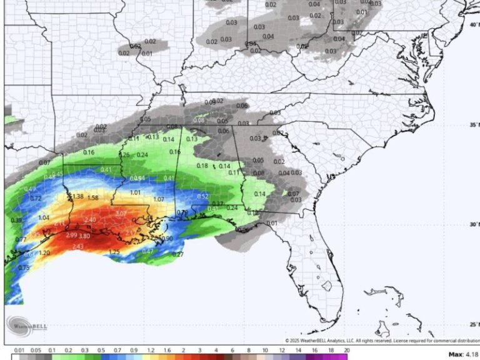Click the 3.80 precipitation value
click(x=84, y=236)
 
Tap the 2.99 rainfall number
click(x=71, y=235)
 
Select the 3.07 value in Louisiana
click(x=121, y=214)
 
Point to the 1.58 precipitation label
click(x=92, y=198)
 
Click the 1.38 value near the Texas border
click(x=77, y=197)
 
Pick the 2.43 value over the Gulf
click(x=78, y=247)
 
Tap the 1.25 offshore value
click(x=114, y=252)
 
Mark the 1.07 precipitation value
click(x=159, y=199)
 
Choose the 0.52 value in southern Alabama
click(x=202, y=196)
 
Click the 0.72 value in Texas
click(x=36, y=198)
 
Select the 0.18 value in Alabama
click(x=202, y=166)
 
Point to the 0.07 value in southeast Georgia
click(x=293, y=194)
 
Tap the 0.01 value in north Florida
click(x=272, y=223)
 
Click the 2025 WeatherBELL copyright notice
click(x=381, y=341)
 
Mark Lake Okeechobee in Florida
click(x=326, y=286)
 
